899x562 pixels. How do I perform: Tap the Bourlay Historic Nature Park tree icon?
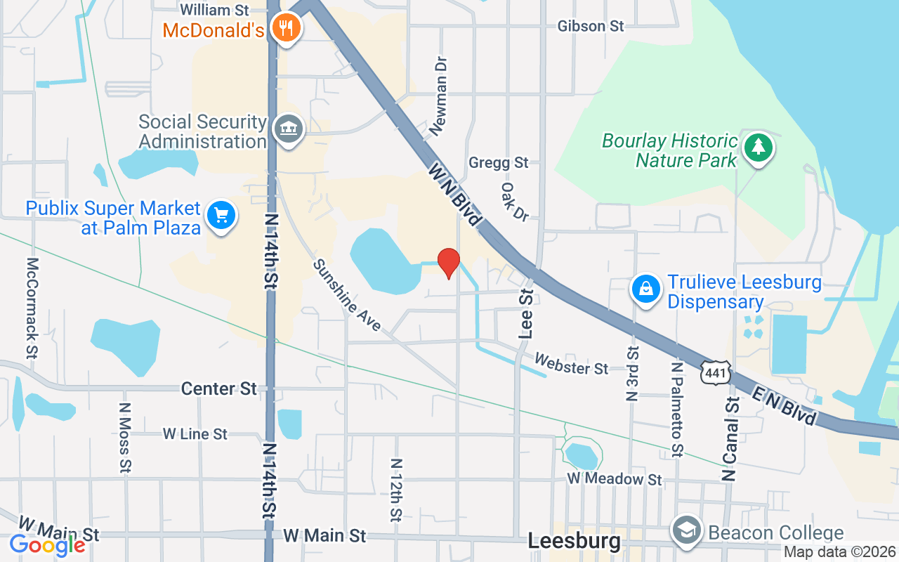758,148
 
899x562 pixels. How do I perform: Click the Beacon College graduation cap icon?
684,531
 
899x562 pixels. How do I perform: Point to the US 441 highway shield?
716,372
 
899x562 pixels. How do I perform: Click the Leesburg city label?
574,542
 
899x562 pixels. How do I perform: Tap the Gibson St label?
590,26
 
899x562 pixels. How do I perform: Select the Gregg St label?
498,163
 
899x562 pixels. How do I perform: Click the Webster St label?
571,364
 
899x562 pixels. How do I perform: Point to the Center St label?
218,388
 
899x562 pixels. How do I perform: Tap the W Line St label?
195,434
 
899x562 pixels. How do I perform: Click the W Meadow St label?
615,479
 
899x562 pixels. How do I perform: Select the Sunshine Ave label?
347,295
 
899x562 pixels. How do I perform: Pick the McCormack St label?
32,308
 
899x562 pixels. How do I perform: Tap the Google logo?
47,544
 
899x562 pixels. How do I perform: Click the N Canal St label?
731,438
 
